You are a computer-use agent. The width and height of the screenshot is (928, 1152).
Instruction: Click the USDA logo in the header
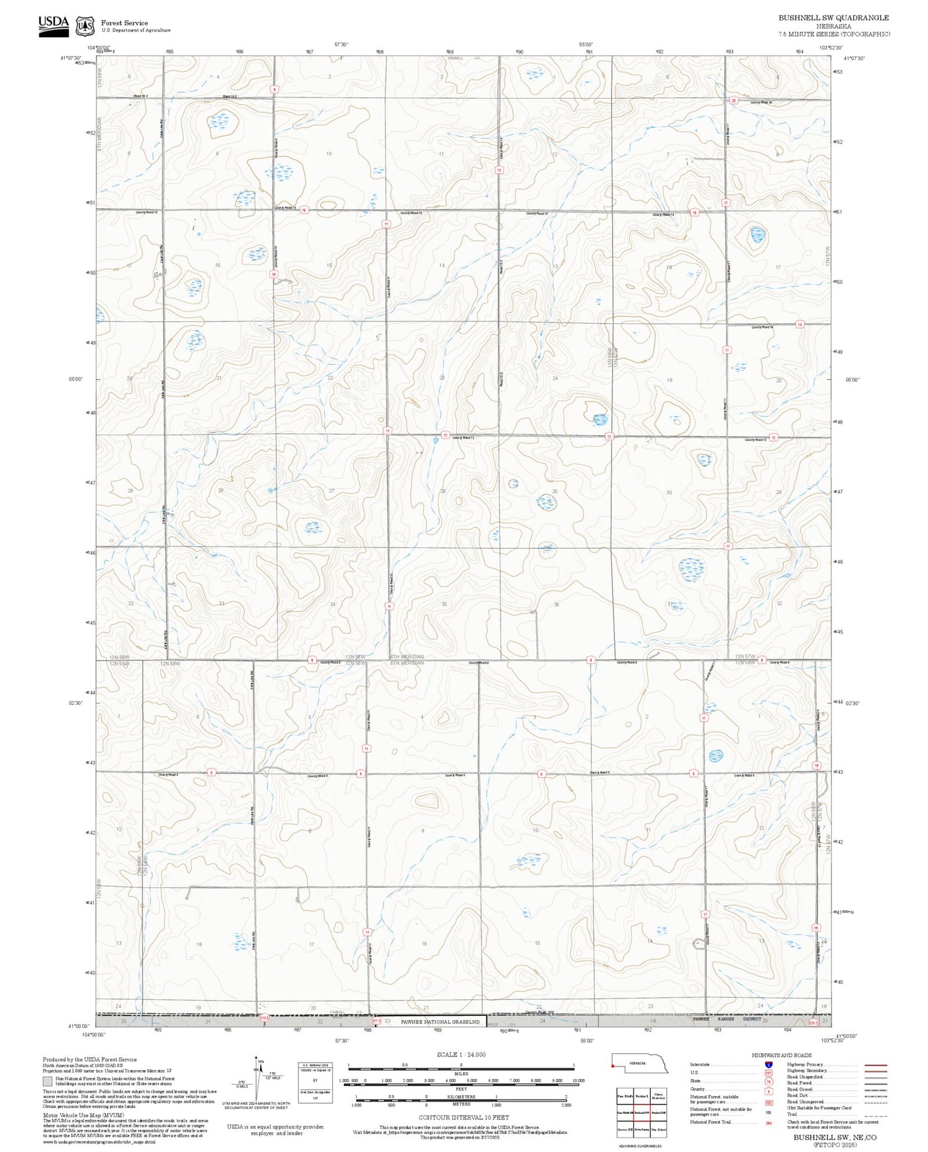[53, 25]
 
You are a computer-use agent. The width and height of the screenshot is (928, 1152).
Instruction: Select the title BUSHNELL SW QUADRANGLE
[833, 18]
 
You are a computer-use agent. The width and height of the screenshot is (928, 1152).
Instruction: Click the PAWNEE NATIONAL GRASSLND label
[440, 1021]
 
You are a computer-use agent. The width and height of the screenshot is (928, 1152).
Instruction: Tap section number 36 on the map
[556, 604]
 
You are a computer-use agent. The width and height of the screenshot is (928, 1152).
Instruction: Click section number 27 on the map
[332, 491]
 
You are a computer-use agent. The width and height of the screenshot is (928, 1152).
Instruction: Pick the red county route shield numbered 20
[734, 100]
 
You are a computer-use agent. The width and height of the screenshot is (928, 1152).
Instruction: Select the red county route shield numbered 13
[499, 170]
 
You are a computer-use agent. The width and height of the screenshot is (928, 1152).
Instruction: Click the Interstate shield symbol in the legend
[768, 1064]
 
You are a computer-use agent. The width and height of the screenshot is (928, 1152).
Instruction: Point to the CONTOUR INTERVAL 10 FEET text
[463, 1117]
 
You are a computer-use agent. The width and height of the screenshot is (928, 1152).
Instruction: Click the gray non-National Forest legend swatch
[47, 1081]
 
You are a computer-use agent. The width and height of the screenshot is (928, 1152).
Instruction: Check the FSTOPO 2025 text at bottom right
[835, 1145]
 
